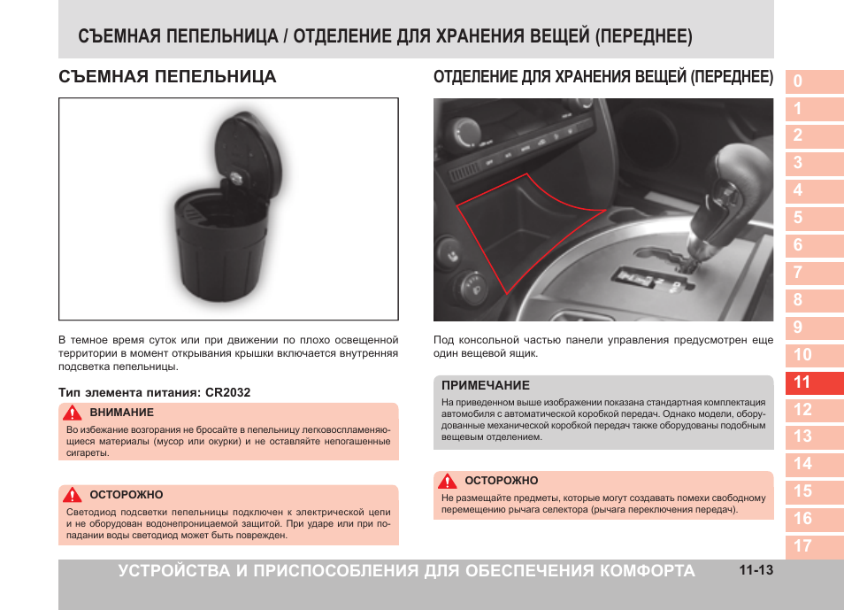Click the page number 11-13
[x=756, y=571]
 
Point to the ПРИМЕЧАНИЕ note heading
[x=486, y=385]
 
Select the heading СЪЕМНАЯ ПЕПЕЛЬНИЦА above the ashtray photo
[x=167, y=77]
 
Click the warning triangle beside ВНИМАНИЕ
[x=73, y=413]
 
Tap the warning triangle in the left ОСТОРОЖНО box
[x=73, y=495]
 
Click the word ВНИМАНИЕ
[x=122, y=413]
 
